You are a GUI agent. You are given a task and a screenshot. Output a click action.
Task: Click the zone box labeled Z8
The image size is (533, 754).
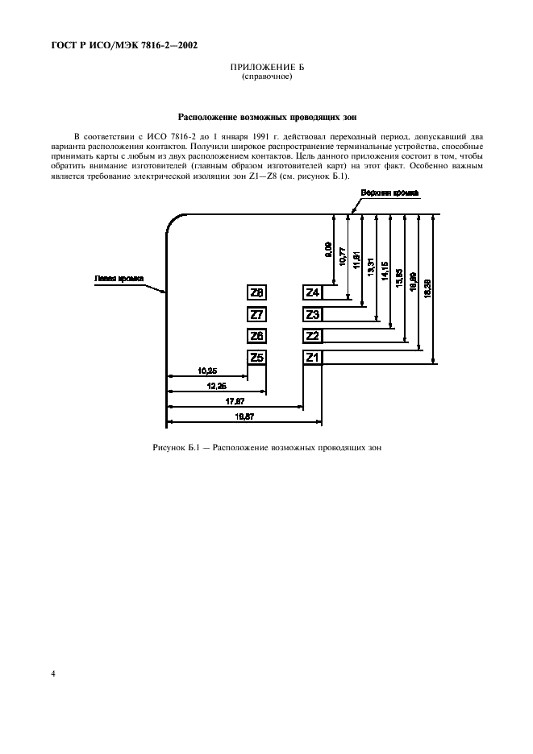[x=257, y=292]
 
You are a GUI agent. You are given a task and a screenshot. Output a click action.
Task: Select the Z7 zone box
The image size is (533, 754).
[x=257, y=314]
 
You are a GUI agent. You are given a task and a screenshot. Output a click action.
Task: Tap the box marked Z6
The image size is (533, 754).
[x=257, y=336]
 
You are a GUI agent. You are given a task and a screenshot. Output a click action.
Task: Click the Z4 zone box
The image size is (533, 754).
[x=313, y=292]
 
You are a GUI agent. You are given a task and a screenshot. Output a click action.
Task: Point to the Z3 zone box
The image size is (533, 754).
[x=313, y=314]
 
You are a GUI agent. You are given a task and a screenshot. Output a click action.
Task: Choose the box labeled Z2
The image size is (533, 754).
[x=313, y=336]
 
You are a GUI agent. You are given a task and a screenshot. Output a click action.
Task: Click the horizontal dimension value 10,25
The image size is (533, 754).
[x=206, y=371]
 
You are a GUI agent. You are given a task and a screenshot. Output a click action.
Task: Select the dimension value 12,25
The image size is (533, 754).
[x=216, y=386]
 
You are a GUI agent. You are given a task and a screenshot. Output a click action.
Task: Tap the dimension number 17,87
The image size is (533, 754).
[x=235, y=400]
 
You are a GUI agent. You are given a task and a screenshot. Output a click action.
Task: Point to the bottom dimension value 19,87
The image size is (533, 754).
[x=244, y=416]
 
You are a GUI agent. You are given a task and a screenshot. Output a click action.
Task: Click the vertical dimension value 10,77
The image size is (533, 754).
[x=343, y=257]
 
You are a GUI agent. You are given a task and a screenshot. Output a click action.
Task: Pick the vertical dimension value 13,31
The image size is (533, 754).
[x=370, y=265]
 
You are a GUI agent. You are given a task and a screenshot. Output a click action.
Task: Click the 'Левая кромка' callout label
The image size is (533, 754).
[x=119, y=280]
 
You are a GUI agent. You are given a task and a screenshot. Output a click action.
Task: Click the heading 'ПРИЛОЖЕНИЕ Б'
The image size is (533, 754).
[x=266, y=68]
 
